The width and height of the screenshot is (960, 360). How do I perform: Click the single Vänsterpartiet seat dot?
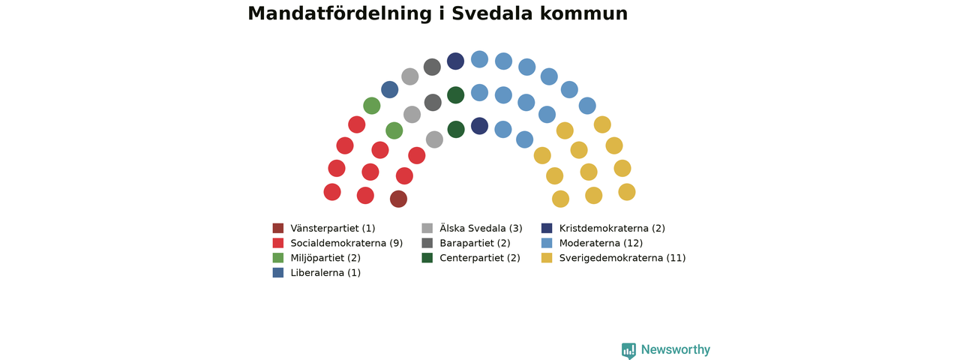[x=398, y=199]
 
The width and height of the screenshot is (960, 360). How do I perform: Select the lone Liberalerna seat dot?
[x=389, y=89]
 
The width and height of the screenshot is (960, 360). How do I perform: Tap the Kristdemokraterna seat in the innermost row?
[x=479, y=126]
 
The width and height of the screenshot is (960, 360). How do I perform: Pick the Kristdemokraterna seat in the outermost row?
[x=455, y=61]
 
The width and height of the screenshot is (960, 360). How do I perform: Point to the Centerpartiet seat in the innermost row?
[x=456, y=130]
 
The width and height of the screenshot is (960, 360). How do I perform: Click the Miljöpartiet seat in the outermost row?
[x=371, y=106]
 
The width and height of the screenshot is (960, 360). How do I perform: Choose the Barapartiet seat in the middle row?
[x=433, y=103]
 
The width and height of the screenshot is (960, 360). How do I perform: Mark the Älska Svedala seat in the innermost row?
[x=434, y=139]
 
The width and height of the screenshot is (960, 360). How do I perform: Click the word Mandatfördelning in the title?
[x=340, y=13]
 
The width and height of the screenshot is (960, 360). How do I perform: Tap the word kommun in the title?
[x=583, y=13]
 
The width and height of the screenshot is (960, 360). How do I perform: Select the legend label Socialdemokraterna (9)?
[x=346, y=243]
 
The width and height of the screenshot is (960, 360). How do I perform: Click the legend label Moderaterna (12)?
[x=601, y=243]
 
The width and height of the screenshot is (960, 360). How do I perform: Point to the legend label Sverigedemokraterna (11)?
[x=622, y=258]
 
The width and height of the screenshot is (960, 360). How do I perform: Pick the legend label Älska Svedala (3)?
[x=481, y=228]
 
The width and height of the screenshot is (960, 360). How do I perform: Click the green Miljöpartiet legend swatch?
[x=278, y=258]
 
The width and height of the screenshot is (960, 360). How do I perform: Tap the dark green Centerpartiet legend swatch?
[x=427, y=258]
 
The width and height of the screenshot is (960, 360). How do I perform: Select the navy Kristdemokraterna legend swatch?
[x=547, y=228]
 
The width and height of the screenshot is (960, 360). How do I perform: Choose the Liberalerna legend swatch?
[x=278, y=272]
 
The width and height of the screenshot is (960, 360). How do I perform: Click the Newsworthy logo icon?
[x=628, y=350]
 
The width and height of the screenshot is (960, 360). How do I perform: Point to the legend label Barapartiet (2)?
[x=475, y=243]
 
